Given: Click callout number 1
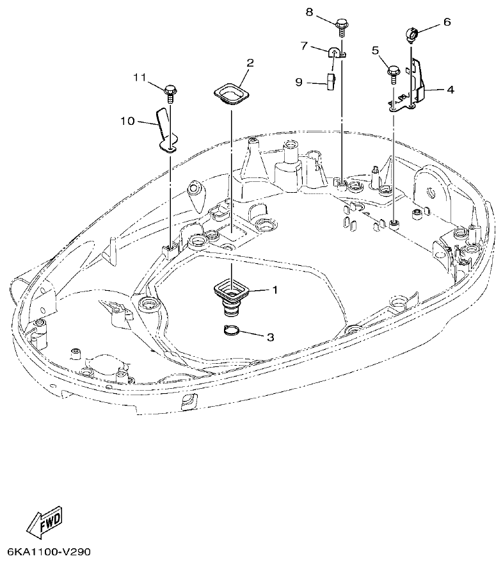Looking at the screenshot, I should tap(275, 290).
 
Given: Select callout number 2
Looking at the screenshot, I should tap(250, 63).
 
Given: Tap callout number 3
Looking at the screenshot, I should tap(270, 337).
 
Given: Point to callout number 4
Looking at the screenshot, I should tap(450, 90).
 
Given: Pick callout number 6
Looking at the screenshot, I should tap(447, 22).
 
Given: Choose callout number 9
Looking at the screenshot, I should tap(299, 82).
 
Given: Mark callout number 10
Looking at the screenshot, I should tap(127, 120).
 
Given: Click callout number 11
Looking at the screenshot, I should tap(140, 77).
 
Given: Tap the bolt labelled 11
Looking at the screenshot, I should tap(170, 92).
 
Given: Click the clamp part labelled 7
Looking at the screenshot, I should tap(335, 52).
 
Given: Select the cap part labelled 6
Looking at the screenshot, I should tap(411, 33).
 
